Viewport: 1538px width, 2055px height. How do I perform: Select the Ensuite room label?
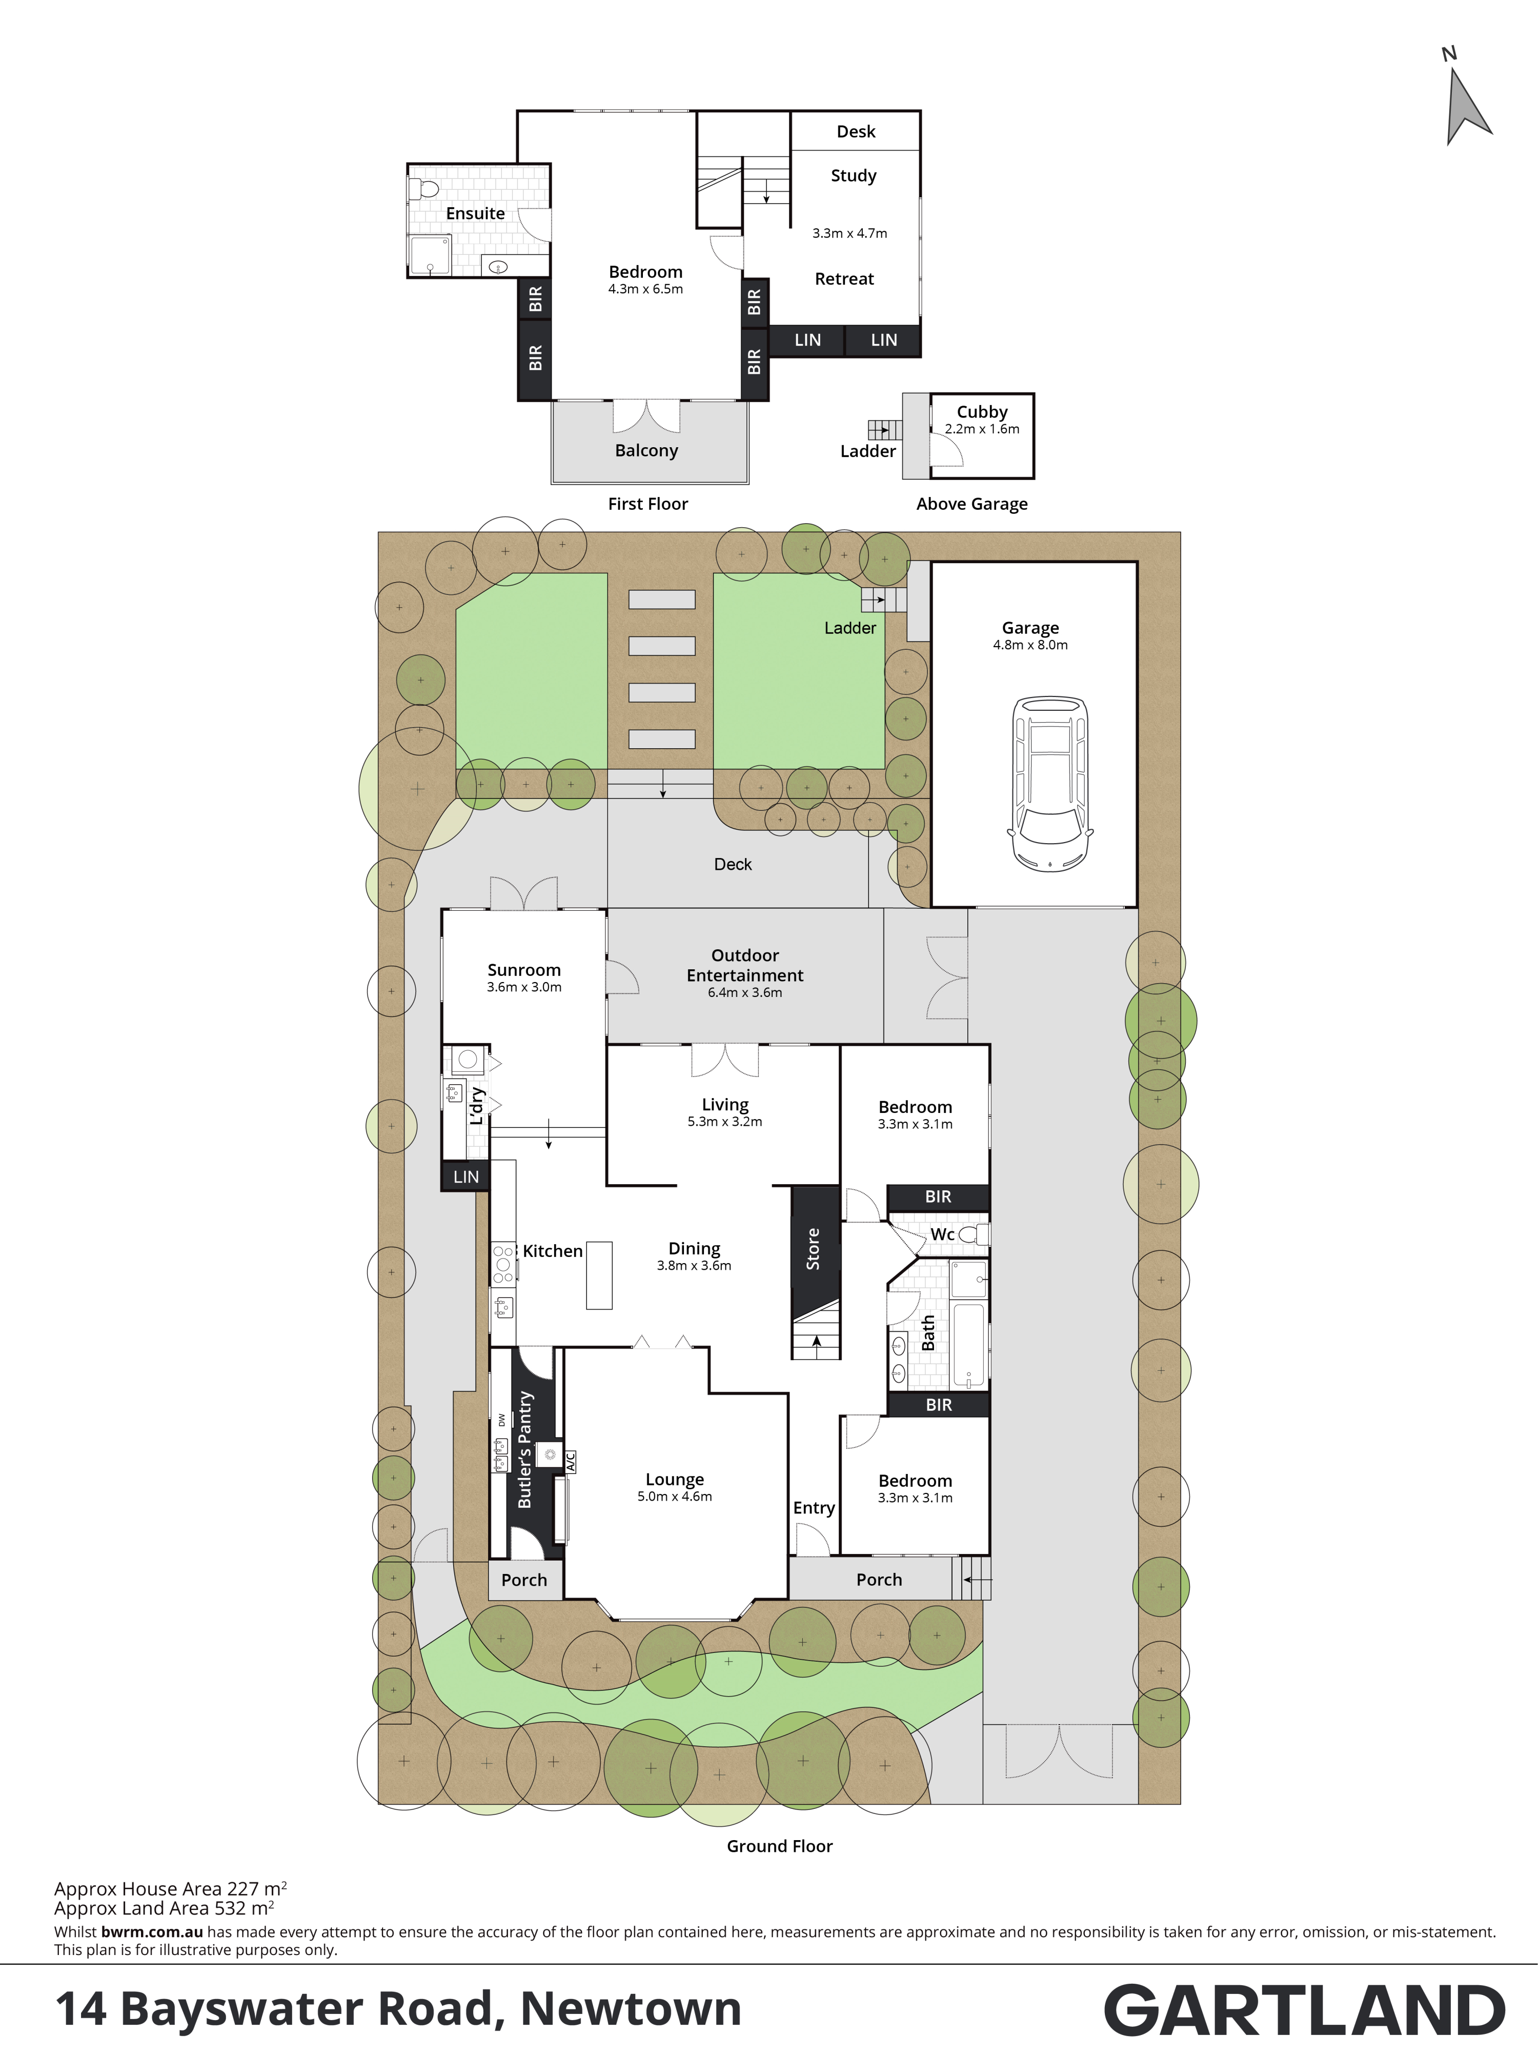coord(476,214)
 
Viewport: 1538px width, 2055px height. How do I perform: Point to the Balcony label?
coord(646,451)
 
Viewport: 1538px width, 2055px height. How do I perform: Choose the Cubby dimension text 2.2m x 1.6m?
coord(982,429)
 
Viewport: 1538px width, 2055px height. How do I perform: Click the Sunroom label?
coord(524,970)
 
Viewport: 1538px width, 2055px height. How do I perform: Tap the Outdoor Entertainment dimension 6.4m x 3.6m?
coord(745,992)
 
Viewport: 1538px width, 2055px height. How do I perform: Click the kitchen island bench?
coord(599,1275)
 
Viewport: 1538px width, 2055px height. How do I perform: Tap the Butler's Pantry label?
coord(525,1449)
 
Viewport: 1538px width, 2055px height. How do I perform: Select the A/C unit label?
coord(570,1461)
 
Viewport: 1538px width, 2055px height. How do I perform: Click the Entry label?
coord(814,1508)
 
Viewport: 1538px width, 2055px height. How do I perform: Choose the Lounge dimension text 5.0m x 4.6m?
coord(674,1497)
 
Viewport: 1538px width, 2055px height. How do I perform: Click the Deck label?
coord(733,864)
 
